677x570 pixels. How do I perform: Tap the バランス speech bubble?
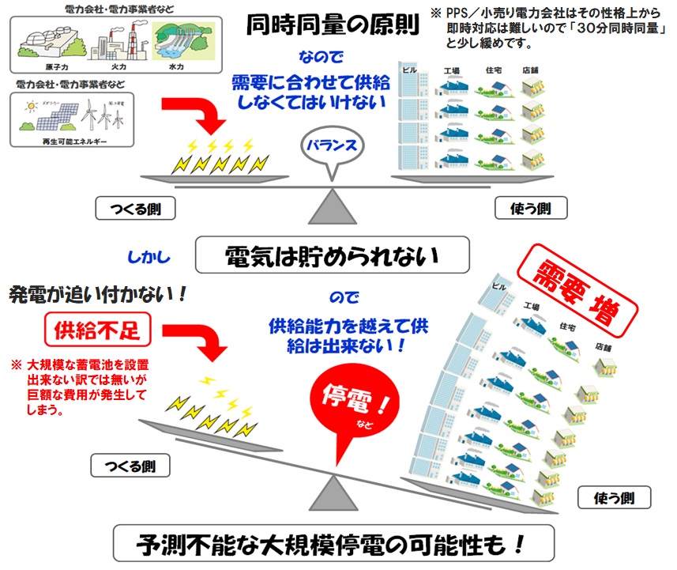click(x=333, y=145)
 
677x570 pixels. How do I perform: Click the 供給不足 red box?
click(x=97, y=330)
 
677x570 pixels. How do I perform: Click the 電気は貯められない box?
click(x=332, y=256)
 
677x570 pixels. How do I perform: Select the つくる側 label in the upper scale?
click(x=134, y=209)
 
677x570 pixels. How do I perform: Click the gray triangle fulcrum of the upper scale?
click(x=331, y=206)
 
